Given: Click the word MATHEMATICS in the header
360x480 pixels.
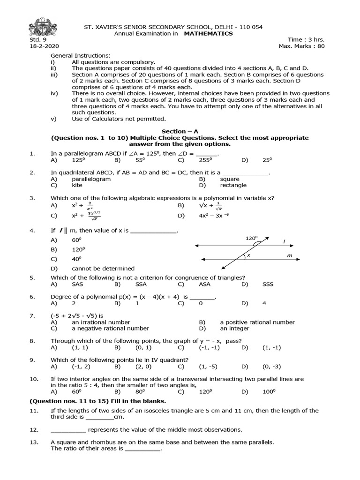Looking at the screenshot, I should point(208,34).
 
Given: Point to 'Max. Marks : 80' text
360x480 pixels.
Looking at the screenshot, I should point(301,46).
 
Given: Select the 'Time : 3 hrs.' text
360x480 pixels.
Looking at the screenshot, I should point(307,40).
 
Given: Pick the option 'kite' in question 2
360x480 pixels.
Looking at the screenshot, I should point(78,185).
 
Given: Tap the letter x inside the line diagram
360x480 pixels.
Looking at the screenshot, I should point(248,255).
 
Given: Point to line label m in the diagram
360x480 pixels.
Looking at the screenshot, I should point(289,255).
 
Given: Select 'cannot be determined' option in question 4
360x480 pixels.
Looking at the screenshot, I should point(103,269).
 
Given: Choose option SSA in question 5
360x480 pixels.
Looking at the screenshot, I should point(141,284).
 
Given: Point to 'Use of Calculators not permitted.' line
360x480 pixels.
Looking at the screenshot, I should point(119,119).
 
